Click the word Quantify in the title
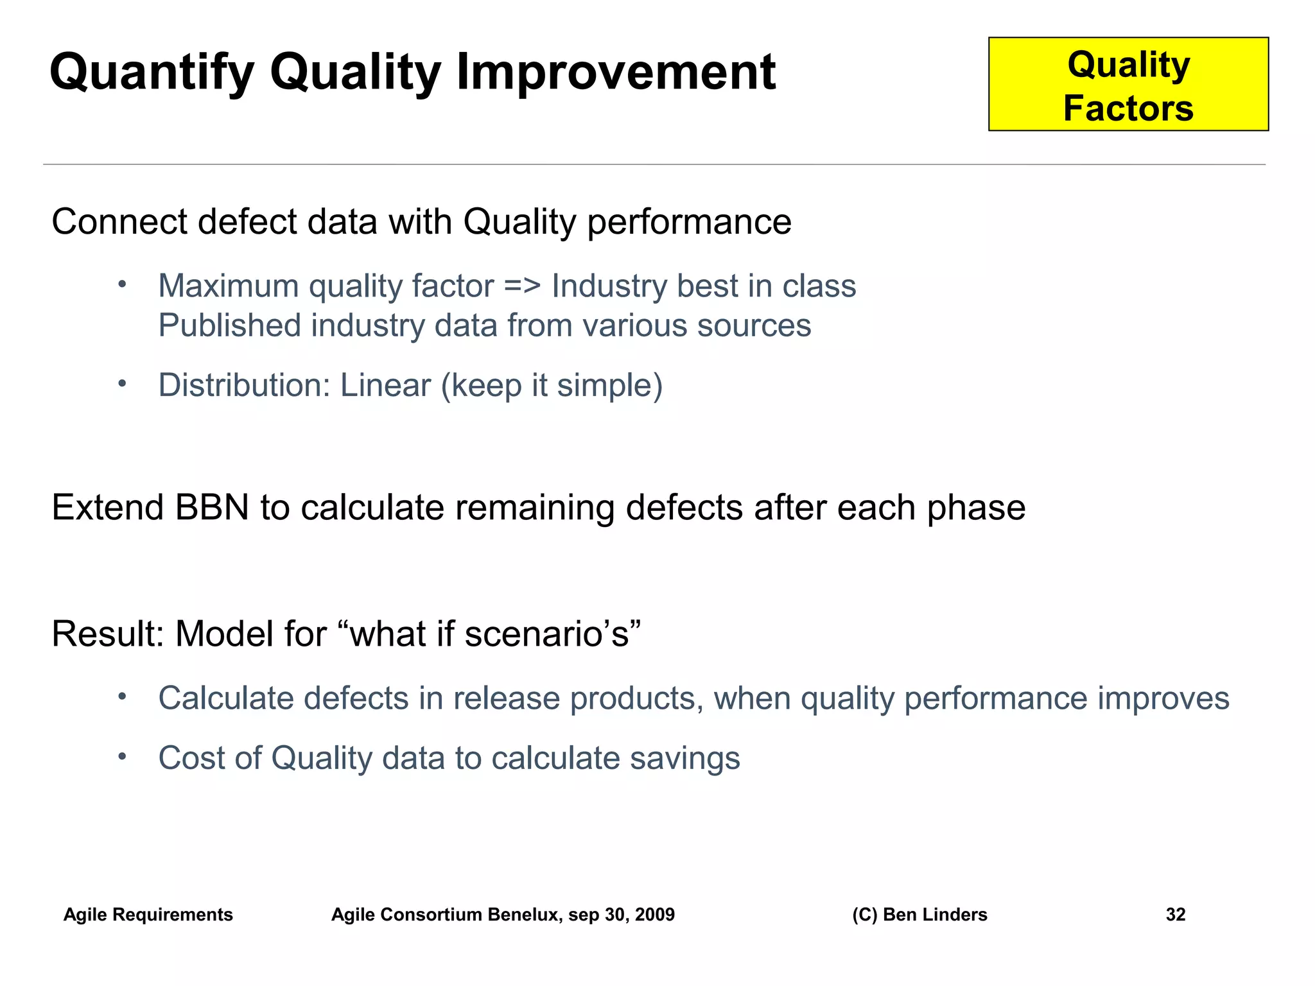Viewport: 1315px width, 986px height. [x=152, y=72]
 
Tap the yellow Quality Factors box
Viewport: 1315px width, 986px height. [x=1128, y=85]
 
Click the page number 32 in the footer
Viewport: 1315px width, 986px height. [x=1175, y=914]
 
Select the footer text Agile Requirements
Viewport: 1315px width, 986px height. [x=148, y=914]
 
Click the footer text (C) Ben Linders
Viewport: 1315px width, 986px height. [x=919, y=914]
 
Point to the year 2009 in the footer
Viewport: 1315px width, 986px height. [x=654, y=914]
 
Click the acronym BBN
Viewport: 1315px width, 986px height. [x=213, y=507]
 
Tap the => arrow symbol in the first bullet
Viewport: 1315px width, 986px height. [x=522, y=286]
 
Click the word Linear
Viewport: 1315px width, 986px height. [x=385, y=385]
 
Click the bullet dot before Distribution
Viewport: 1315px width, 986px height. [x=123, y=383]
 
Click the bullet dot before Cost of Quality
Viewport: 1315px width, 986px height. [x=123, y=756]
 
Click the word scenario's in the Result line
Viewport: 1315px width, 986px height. [x=552, y=634]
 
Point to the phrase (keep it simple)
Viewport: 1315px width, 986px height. [x=552, y=386]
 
